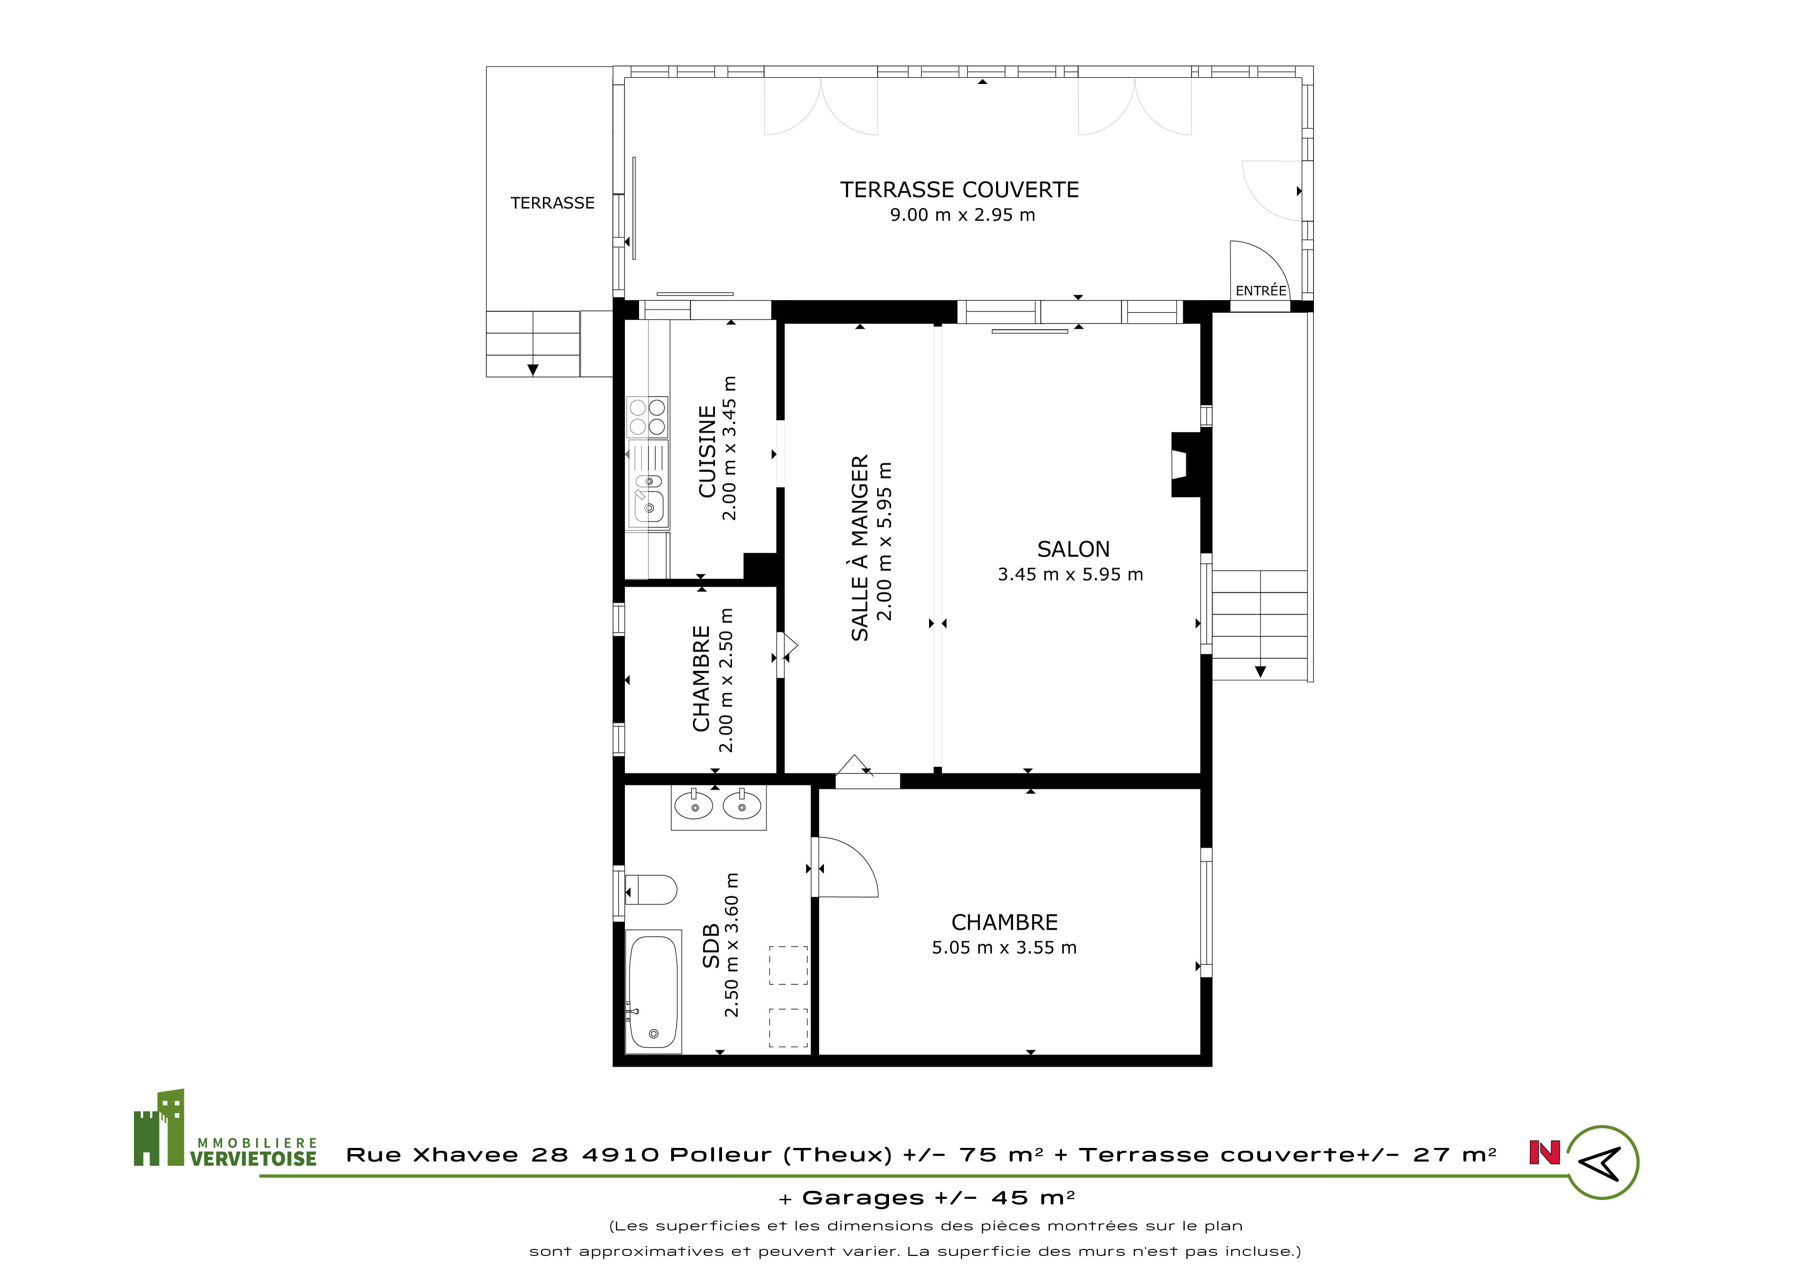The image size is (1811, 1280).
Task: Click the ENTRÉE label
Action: tap(1261, 291)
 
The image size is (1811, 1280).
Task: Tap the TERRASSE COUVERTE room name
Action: tap(959, 190)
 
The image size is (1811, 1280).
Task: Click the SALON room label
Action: tap(1073, 549)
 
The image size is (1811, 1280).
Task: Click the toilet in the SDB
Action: tap(651, 889)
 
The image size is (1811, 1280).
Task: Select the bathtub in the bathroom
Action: tap(653, 991)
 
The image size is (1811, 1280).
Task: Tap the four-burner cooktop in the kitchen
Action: tap(647, 417)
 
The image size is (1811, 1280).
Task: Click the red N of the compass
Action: tap(1545, 1153)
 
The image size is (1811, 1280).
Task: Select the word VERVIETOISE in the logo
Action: tap(253, 1158)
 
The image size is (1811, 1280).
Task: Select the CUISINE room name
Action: tap(707, 451)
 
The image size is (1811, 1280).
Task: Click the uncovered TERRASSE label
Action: tap(552, 203)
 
